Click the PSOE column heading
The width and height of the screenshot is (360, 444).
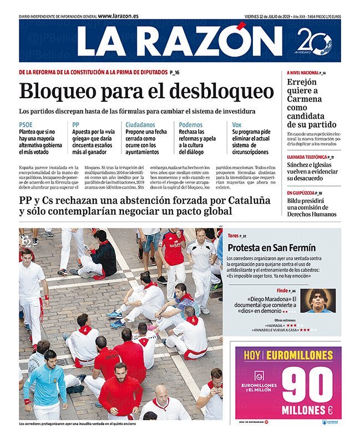(26, 125)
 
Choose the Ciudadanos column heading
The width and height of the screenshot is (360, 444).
(140, 125)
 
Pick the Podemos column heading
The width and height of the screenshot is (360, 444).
(191, 125)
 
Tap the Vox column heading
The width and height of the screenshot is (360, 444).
(237, 125)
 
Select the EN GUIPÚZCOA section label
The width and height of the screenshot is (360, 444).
(304, 193)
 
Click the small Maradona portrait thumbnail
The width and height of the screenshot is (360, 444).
(319, 300)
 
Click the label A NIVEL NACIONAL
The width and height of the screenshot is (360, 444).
(303, 73)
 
